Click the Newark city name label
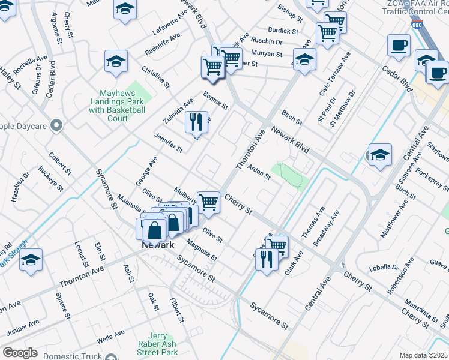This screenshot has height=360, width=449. pos(158,245)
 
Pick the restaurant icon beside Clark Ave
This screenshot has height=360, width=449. pos(267,259)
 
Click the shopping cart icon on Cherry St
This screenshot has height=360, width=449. pos(208,202)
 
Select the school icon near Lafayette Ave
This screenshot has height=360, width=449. pos(125,9)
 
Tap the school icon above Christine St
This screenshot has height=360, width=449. pos(116,61)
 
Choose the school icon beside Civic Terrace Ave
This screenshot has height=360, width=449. pos(304,60)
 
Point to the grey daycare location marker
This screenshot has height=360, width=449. pos(56,126)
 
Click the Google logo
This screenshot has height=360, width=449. pos(20,353)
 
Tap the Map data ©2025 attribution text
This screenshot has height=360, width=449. pos(423,355)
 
